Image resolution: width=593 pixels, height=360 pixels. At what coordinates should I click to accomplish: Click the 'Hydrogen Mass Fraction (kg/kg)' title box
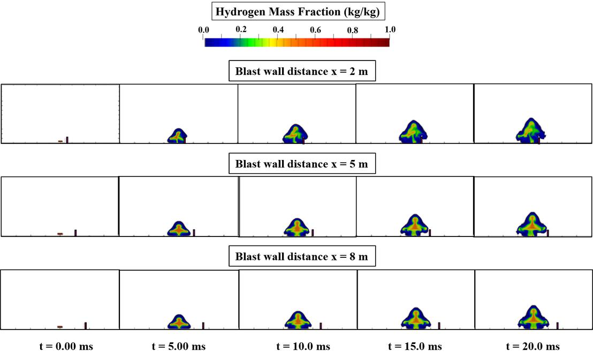296,10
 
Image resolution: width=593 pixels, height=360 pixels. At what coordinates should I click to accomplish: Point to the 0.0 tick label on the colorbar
204,30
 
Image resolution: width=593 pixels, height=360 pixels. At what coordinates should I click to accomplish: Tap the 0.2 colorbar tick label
241,29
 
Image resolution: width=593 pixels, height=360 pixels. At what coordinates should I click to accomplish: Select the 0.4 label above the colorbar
278,30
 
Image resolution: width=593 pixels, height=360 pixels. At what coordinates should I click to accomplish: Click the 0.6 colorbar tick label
315,30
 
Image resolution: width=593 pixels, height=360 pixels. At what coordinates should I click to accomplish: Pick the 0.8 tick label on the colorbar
352,30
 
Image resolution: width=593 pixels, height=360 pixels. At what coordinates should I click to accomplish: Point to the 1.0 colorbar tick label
390,30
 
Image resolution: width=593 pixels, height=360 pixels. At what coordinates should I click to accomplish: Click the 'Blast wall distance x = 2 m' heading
302,72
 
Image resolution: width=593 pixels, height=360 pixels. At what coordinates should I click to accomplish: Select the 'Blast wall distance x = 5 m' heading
302,164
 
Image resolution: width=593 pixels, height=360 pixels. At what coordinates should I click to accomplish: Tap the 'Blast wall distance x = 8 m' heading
302,256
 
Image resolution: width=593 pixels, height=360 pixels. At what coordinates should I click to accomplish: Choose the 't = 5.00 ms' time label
178,346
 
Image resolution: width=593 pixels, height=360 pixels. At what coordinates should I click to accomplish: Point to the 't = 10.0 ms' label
303,346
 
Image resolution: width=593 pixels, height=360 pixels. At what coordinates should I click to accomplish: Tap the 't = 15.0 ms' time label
415,346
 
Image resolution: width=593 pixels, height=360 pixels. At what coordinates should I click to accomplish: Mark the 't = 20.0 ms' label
533,346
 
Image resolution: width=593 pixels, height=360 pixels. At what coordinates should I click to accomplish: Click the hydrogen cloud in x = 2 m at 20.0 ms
530,131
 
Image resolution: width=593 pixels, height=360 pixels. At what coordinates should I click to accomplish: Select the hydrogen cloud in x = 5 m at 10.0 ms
296,227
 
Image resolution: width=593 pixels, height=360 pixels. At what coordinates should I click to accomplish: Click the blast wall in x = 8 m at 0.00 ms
86,325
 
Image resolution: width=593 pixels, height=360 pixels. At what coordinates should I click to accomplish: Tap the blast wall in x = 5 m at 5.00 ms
194,232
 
